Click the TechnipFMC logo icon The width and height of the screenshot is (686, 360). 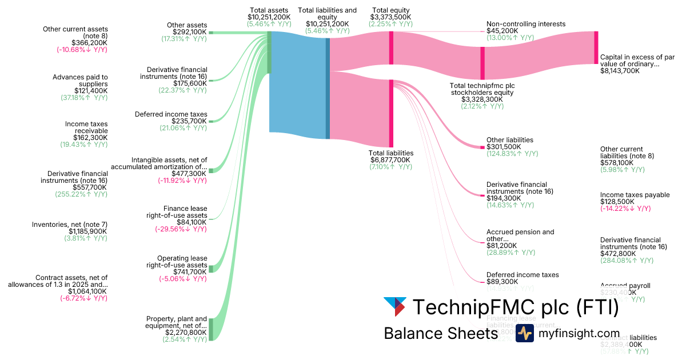[395, 307]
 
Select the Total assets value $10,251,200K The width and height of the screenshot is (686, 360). [269, 17]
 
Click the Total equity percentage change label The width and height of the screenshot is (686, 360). [390, 24]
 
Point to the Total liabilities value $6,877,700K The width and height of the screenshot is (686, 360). [390, 160]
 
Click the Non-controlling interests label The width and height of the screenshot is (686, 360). [526, 24]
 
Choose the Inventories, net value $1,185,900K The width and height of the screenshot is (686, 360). [84, 231]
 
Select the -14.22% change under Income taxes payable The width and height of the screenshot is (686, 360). [625, 209]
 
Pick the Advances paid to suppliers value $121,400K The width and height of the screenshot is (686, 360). [91, 91]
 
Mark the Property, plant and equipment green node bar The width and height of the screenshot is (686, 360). [210, 329]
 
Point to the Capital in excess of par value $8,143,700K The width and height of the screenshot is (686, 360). [620, 71]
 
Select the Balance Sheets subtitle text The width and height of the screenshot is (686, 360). [440, 334]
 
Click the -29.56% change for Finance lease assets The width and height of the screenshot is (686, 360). [181, 229]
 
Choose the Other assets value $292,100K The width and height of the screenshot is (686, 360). [190, 32]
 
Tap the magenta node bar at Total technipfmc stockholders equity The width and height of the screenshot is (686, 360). [482, 63]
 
